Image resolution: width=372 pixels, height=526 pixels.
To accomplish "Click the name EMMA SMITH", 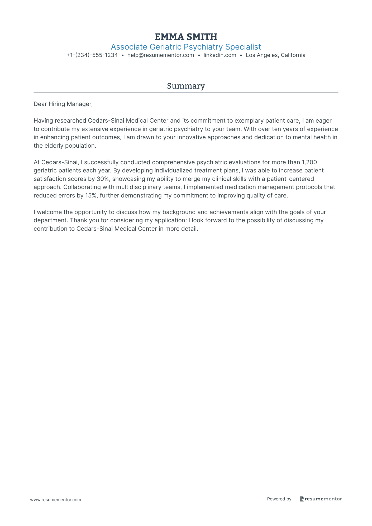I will pyautogui.click(x=186, y=37).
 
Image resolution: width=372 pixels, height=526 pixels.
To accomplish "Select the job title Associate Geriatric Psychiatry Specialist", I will pyautogui.click(x=186, y=47).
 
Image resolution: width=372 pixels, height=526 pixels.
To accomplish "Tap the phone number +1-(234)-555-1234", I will pyautogui.click(x=92, y=55).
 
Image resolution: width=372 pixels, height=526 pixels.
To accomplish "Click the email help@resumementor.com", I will pyautogui.click(x=160, y=55).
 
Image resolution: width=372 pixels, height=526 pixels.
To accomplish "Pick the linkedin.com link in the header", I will pyautogui.click(x=220, y=55).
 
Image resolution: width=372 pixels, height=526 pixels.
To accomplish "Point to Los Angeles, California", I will pyautogui.click(x=275, y=55).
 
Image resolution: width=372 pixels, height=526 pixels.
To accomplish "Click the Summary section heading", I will pyautogui.click(x=186, y=86).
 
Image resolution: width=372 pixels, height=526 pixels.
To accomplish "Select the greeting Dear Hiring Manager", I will pyautogui.click(x=63, y=104).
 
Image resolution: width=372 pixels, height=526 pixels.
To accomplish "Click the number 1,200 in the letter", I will pyautogui.click(x=309, y=162).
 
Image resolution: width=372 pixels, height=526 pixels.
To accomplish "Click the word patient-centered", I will pyautogui.click(x=290, y=179).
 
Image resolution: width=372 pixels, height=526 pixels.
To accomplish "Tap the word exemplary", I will pyautogui.click(x=249, y=121).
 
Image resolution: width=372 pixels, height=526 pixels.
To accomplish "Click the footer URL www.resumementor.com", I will pyautogui.click(x=56, y=500).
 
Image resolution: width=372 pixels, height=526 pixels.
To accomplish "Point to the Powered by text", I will pyautogui.click(x=279, y=499).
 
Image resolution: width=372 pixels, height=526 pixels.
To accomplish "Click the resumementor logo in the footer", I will pyautogui.click(x=321, y=499).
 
